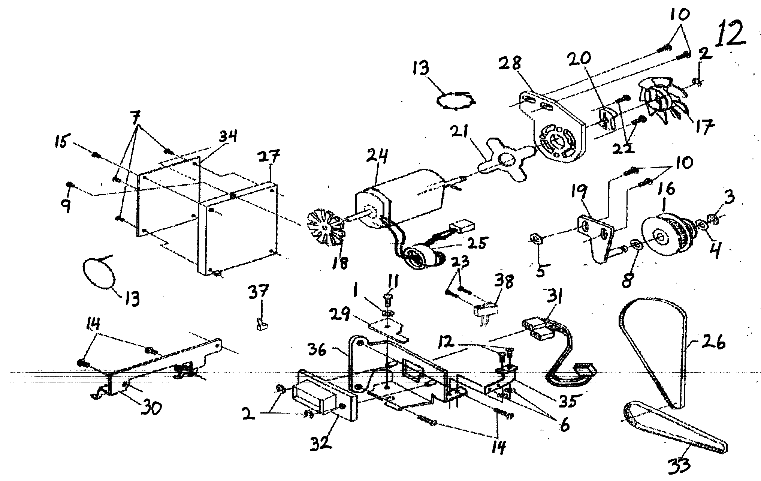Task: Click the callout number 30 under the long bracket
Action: click(x=150, y=408)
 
